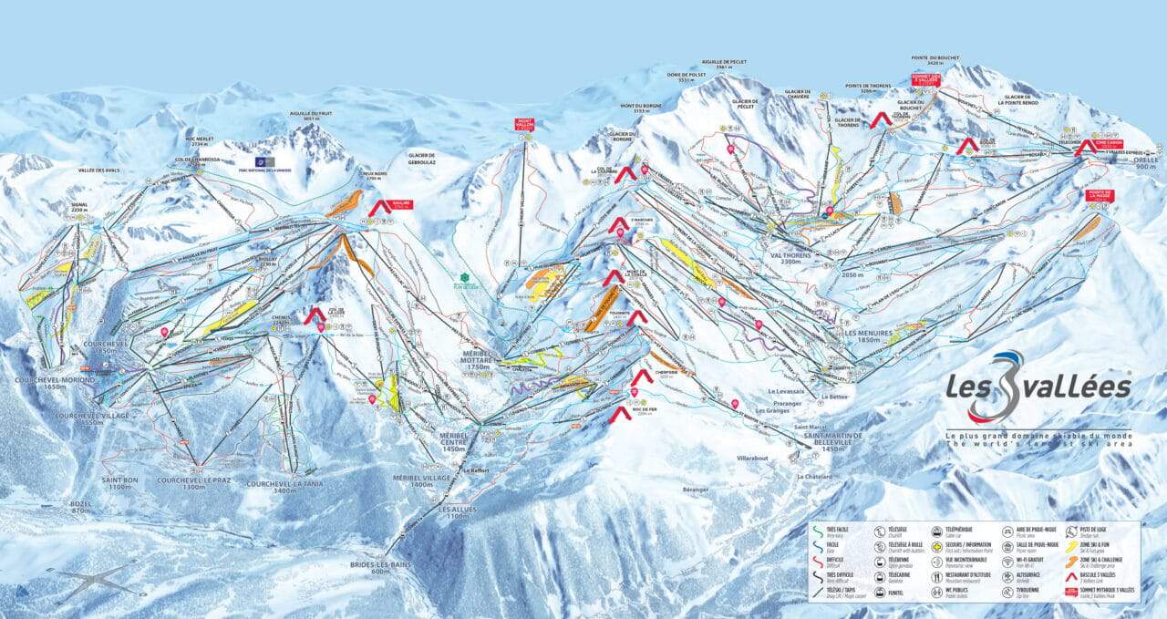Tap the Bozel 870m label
(x=82, y=507)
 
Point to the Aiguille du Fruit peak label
(x=305, y=116)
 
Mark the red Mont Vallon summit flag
(x=523, y=125)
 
